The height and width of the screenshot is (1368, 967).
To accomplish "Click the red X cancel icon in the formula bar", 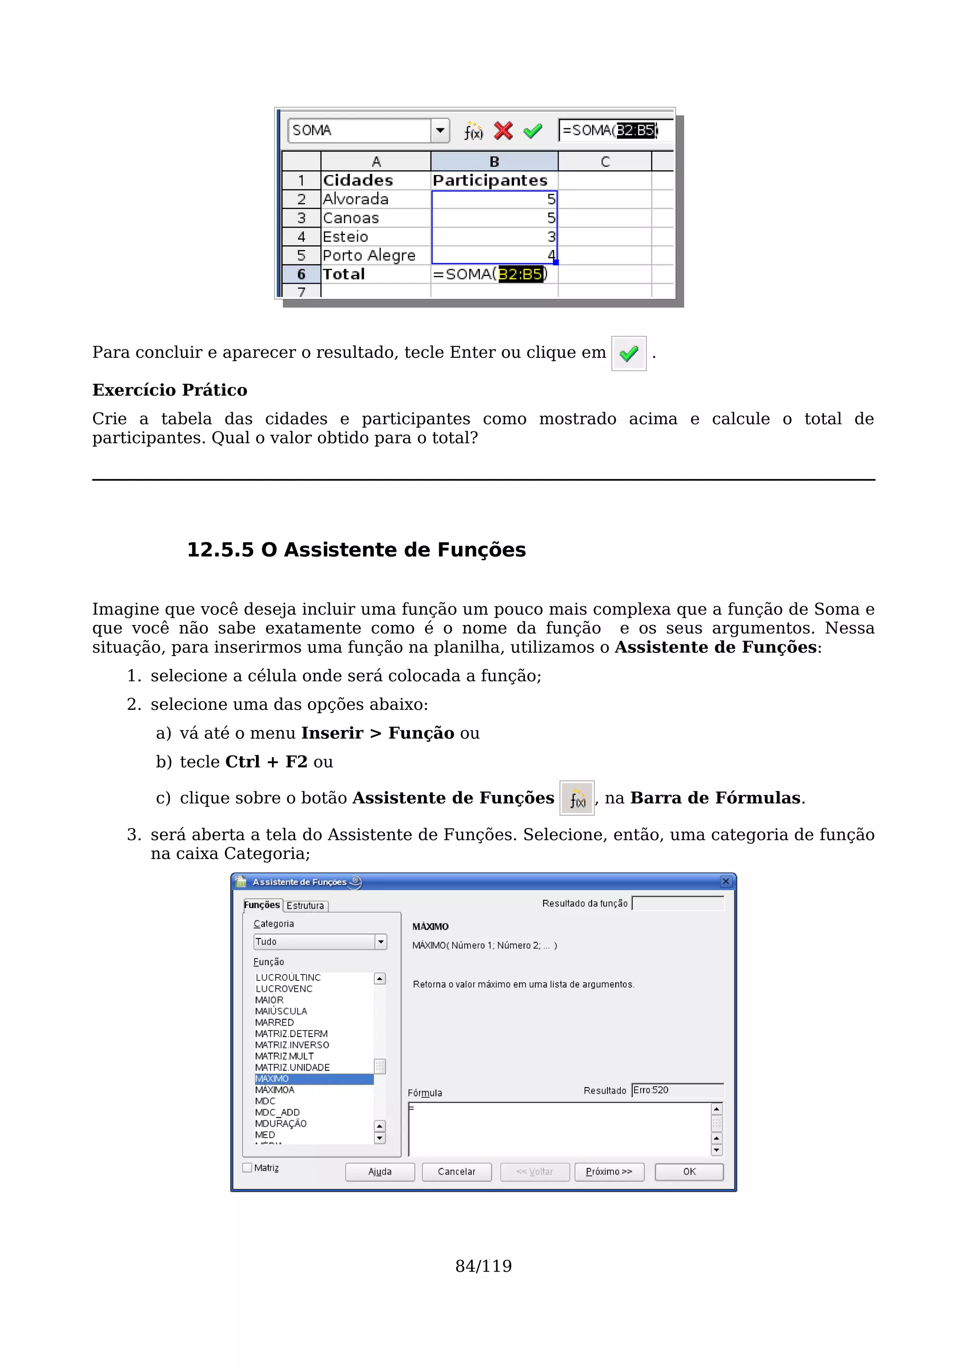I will tap(503, 130).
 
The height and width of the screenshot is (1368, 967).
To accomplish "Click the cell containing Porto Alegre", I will tap(369, 255).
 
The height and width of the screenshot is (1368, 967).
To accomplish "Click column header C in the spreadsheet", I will tap(605, 161).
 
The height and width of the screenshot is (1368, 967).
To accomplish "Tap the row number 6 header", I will tap(302, 274).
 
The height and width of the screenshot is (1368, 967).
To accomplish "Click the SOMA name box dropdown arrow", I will tap(440, 130).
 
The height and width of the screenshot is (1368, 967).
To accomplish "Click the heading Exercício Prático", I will tap(170, 390).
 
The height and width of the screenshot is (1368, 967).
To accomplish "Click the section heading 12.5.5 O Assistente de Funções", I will tap(356, 549).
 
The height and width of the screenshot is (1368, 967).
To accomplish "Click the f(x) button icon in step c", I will tap(577, 798).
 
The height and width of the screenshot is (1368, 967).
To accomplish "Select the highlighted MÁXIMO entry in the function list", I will tap(314, 1079).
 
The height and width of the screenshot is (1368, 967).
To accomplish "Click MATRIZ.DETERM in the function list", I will tap(291, 1034).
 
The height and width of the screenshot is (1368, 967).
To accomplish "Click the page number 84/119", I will tap(483, 1266).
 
